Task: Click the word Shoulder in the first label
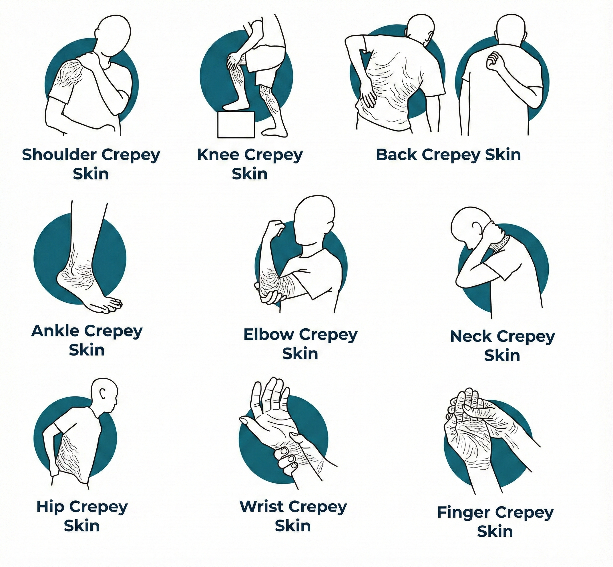pyautogui.click(x=60, y=155)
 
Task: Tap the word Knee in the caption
pyautogui.click(x=218, y=155)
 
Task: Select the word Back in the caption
pyautogui.click(x=397, y=155)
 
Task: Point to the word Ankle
pyautogui.click(x=55, y=331)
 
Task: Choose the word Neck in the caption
pyautogui.click(x=471, y=337)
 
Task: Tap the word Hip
pyautogui.click(x=51, y=507)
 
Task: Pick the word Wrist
pyautogui.click(x=262, y=507)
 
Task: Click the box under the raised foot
pyautogui.click(x=236, y=125)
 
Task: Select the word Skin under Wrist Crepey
pyautogui.click(x=293, y=526)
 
